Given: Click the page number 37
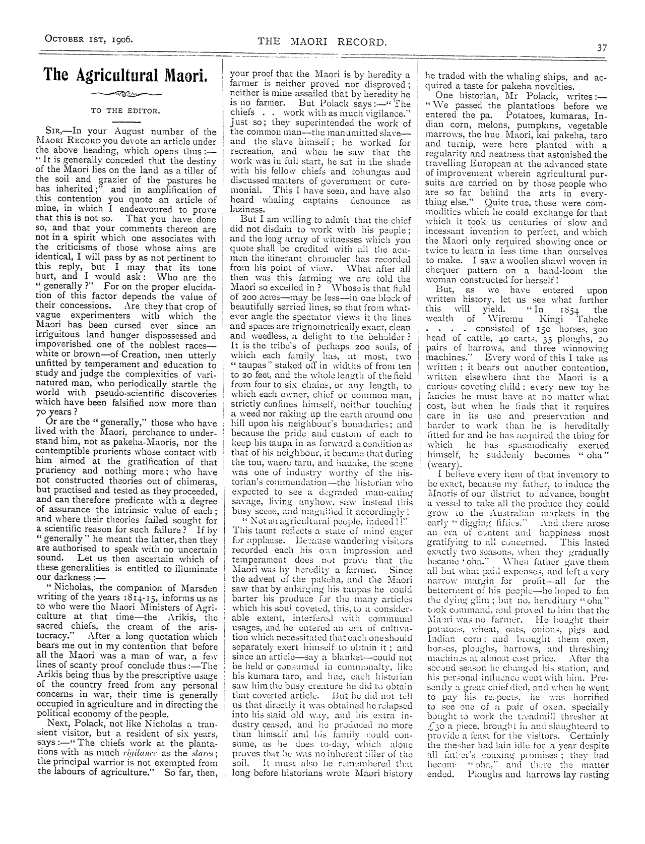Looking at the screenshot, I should tap(602, 48).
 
